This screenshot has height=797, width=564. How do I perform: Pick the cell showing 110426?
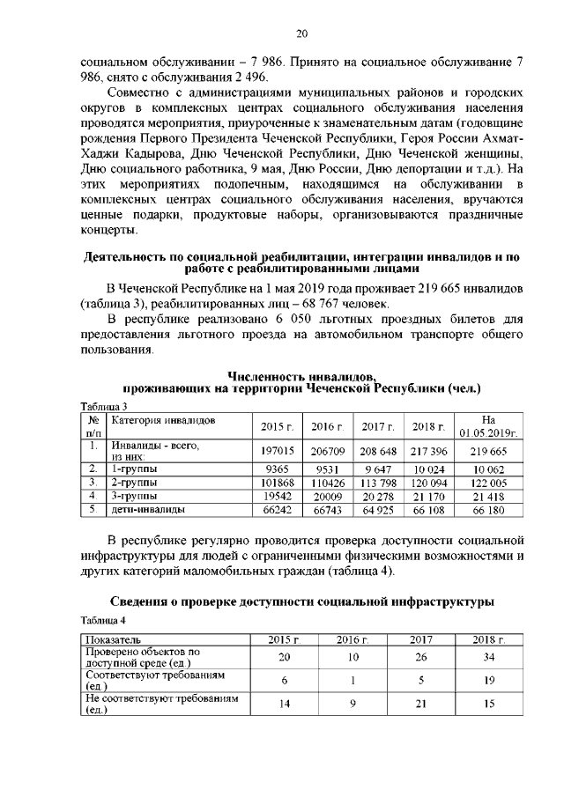(327, 483)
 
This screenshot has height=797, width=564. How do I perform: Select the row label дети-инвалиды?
(148, 511)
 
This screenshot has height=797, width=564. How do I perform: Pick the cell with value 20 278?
(379, 497)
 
